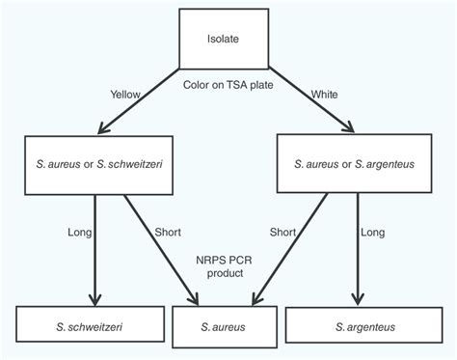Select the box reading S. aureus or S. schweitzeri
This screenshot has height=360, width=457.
(94, 164)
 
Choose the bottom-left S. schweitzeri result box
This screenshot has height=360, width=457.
(94, 326)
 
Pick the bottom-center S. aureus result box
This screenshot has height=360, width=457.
(228, 327)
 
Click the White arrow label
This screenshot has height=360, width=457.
(324, 94)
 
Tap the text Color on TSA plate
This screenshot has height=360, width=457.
(228, 85)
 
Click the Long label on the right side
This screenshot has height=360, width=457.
(372, 232)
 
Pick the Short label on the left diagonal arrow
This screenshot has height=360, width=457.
(167, 232)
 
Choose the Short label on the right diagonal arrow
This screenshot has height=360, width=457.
(282, 232)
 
